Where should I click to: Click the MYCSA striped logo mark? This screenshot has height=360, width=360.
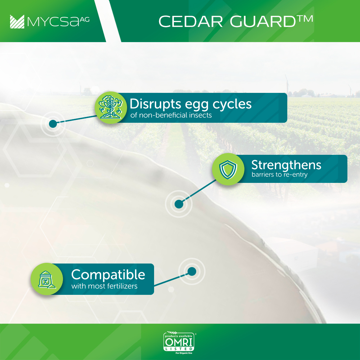coord(17,22)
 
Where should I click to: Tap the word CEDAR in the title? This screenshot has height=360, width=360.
coord(191,22)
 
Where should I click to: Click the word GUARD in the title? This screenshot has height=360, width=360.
coord(263,22)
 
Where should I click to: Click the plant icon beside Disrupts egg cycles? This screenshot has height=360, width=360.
coord(111,107)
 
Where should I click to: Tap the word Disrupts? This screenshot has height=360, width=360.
coord(156,104)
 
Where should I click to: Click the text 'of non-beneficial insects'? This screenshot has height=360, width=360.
coord(171,115)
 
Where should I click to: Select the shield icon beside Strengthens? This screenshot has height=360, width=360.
coord(228,169)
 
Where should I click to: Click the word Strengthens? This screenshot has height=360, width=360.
coord(286,165)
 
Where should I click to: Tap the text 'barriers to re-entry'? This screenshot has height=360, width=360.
coord(279,175)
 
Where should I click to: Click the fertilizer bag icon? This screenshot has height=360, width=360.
coord(47,279)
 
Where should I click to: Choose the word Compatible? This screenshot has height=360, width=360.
coord(108,275)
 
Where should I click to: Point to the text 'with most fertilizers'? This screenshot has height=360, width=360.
coord(104,286)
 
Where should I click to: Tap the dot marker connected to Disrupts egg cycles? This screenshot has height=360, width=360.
coord(53,124)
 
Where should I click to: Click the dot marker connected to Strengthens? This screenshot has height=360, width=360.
coord(179,204)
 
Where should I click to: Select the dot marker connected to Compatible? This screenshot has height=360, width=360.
coord(192,271)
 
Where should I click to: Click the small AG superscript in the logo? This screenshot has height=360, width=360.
coord(85,20)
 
